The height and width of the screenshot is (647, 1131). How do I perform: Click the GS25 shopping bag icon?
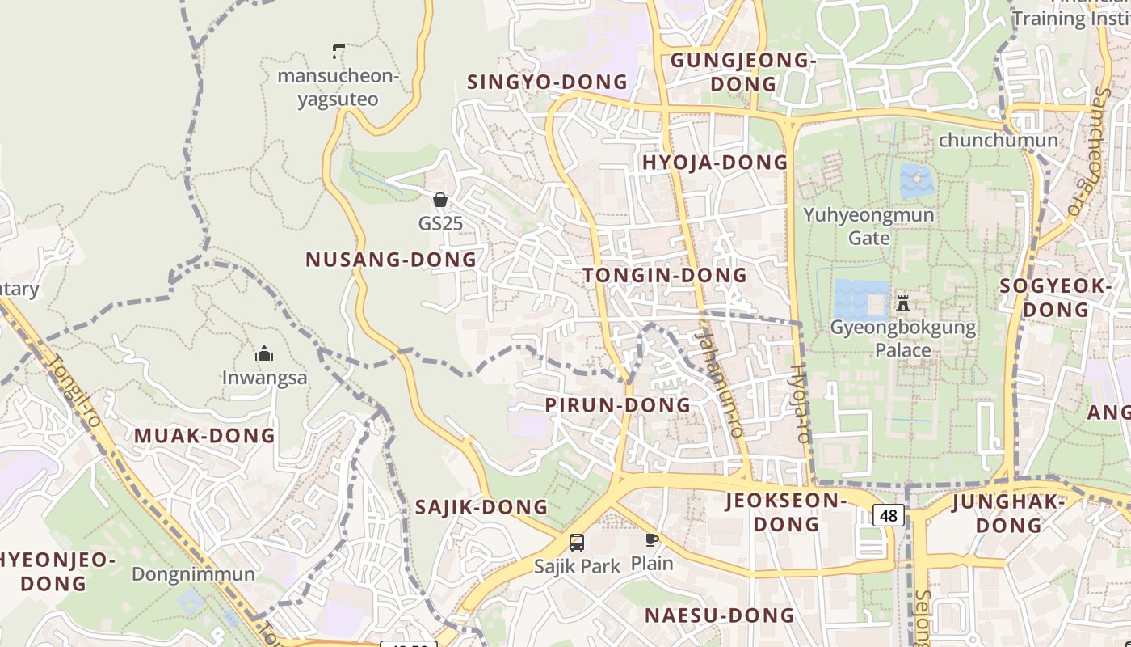click(440, 200)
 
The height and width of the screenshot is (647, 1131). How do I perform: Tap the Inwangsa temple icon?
click(264, 354)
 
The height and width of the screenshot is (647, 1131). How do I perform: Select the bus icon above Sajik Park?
click(577, 543)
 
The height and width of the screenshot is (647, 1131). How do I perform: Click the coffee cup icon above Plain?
click(651, 539)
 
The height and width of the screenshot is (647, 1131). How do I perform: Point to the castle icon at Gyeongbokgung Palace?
click(903, 303)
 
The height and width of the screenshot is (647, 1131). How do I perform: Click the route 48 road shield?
click(889, 515)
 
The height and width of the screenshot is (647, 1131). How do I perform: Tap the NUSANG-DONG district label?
click(391, 260)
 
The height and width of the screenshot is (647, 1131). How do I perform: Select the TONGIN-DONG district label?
click(666, 275)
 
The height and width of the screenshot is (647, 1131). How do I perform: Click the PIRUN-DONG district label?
click(618, 405)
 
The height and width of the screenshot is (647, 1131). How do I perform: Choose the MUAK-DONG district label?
click(204, 436)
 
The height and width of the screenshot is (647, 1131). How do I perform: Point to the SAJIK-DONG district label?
click(481, 508)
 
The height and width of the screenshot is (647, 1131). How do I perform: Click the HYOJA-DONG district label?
click(715, 163)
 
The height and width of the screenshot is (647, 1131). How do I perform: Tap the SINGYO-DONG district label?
click(547, 82)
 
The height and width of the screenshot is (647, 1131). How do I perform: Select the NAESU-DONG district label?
click(719, 615)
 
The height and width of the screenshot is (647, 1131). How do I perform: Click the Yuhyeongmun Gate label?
click(868, 226)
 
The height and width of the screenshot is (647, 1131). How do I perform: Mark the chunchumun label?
click(998, 140)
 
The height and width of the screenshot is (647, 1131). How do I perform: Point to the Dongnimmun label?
click(193, 574)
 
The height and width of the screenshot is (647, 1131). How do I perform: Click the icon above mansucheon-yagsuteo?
click(338, 52)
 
